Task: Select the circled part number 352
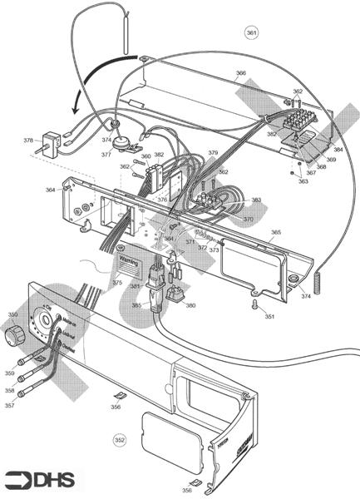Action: (120, 438)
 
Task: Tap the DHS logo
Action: (39, 479)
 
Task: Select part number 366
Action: (240, 74)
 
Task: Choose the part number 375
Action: (117, 283)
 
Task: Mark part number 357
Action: (10, 405)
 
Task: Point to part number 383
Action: (256, 200)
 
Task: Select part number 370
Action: (248, 219)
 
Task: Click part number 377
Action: (106, 154)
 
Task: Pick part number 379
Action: (213, 153)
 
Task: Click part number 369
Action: (330, 159)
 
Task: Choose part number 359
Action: (10, 373)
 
